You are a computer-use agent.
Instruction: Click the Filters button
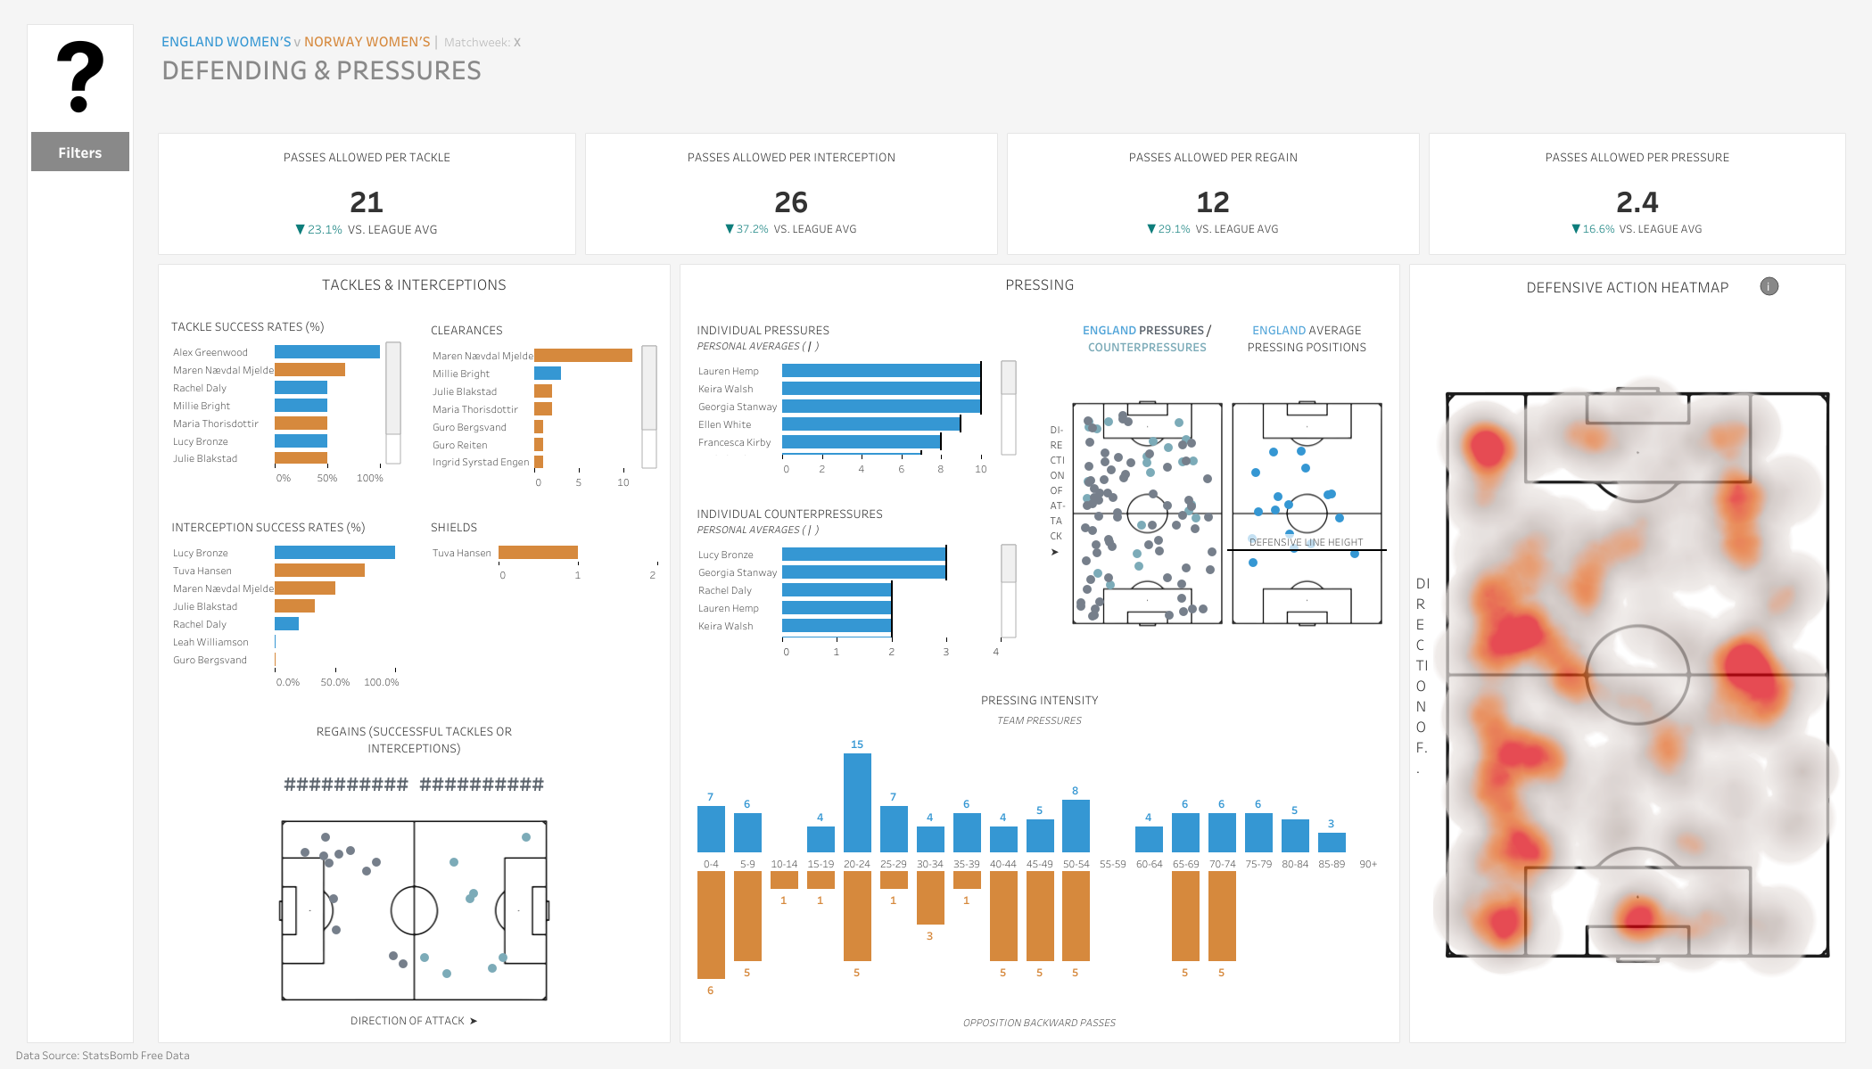(x=80, y=152)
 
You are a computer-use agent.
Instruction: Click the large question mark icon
(x=80, y=78)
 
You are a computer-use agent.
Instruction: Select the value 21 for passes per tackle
(x=367, y=202)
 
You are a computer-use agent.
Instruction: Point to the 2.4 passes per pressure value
(x=1637, y=202)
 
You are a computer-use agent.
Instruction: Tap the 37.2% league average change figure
(x=752, y=229)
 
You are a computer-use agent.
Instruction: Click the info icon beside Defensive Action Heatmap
(x=1769, y=286)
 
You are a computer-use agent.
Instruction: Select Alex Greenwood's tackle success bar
(x=327, y=352)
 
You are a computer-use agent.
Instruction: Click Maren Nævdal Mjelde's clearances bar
(x=583, y=356)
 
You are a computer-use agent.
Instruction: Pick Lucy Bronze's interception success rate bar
(x=334, y=553)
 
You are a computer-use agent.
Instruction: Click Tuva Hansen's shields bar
(x=538, y=553)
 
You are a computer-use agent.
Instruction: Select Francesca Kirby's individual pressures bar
(x=862, y=442)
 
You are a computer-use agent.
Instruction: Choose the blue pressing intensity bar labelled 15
(x=857, y=802)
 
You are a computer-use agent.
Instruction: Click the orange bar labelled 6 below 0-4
(x=711, y=925)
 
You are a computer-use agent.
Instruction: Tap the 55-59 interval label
(x=1112, y=864)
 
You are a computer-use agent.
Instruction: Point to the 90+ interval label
(x=1368, y=864)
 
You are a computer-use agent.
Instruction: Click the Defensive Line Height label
(x=1306, y=542)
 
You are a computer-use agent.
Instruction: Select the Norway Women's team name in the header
(x=367, y=42)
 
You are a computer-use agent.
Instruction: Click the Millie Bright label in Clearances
(x=461, y=374)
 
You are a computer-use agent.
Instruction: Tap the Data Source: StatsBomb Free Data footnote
(x=103, y=1056)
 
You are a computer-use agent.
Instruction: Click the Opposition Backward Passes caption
(x=1039, y=1023)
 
